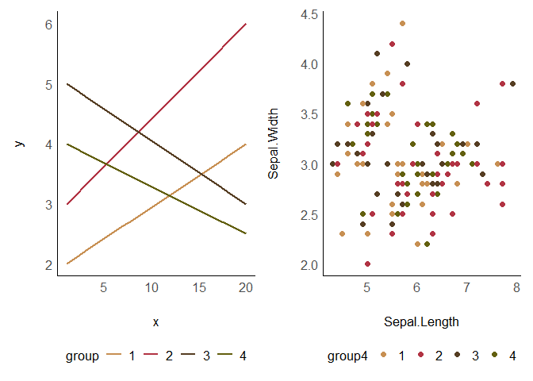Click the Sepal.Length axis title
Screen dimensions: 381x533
click(421, 322)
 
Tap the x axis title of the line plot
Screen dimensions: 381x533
click(155, 322)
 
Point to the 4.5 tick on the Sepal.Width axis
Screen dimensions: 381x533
click(310, 14)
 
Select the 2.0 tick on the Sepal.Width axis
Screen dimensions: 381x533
click(310, 264)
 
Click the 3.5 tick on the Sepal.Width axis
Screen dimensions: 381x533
click(310, 114)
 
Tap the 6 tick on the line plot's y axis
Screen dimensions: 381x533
click(48, 25)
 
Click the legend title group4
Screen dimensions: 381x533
click(347, 356)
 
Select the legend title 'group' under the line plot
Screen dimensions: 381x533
click(82, 356)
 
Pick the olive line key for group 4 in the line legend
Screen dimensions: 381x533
click(225, 356)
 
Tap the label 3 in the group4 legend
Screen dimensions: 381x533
click(475, 356)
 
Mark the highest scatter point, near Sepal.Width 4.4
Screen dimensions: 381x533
click(402, 24)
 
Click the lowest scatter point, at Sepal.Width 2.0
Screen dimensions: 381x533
click(367, 264)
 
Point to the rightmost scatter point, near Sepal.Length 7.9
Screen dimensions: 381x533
click(512, 83)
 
